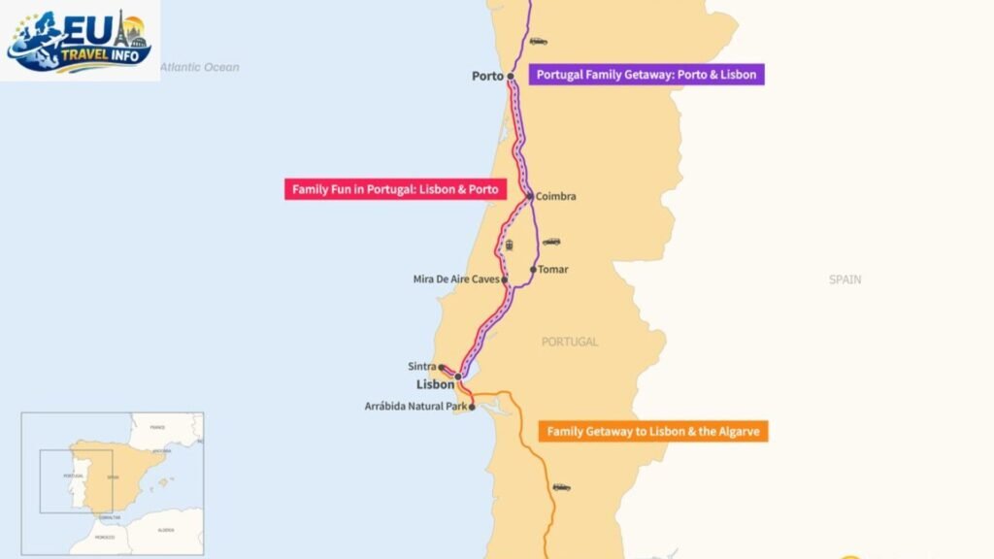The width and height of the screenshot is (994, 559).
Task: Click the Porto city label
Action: (x=487, y=76)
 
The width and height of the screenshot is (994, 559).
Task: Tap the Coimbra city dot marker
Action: (x=529, y=196)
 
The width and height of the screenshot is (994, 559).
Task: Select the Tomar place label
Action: (x=553, y=270)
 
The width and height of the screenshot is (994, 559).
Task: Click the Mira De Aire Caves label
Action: (x=455, y=279)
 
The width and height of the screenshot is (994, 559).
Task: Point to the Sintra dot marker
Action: (x=441, y=367)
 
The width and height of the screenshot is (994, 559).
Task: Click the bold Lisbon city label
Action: (x=435, y=384)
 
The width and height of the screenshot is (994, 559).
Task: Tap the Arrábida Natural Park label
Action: (x=416, y=407)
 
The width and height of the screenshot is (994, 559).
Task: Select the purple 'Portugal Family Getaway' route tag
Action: (x=646, y=75)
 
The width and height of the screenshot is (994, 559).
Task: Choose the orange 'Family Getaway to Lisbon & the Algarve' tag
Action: (x=652, y=431)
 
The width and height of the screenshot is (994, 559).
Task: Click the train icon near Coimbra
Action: (x=509, y=245)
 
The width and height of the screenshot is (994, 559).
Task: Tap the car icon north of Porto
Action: (x=538, y=42)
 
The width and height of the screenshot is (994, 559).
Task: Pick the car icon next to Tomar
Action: (x=551, y=242)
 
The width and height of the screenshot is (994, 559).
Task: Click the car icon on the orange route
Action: (x=561, y=487)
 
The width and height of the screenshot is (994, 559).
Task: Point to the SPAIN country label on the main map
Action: (x=845, y=279)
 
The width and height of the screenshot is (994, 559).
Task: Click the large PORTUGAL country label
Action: (x=570, y=342)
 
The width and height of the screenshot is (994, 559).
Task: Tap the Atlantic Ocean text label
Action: (x=199, y=68)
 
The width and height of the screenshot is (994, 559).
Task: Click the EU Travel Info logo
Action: (x=80, y=40)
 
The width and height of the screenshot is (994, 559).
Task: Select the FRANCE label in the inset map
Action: (x=157, y=427)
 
